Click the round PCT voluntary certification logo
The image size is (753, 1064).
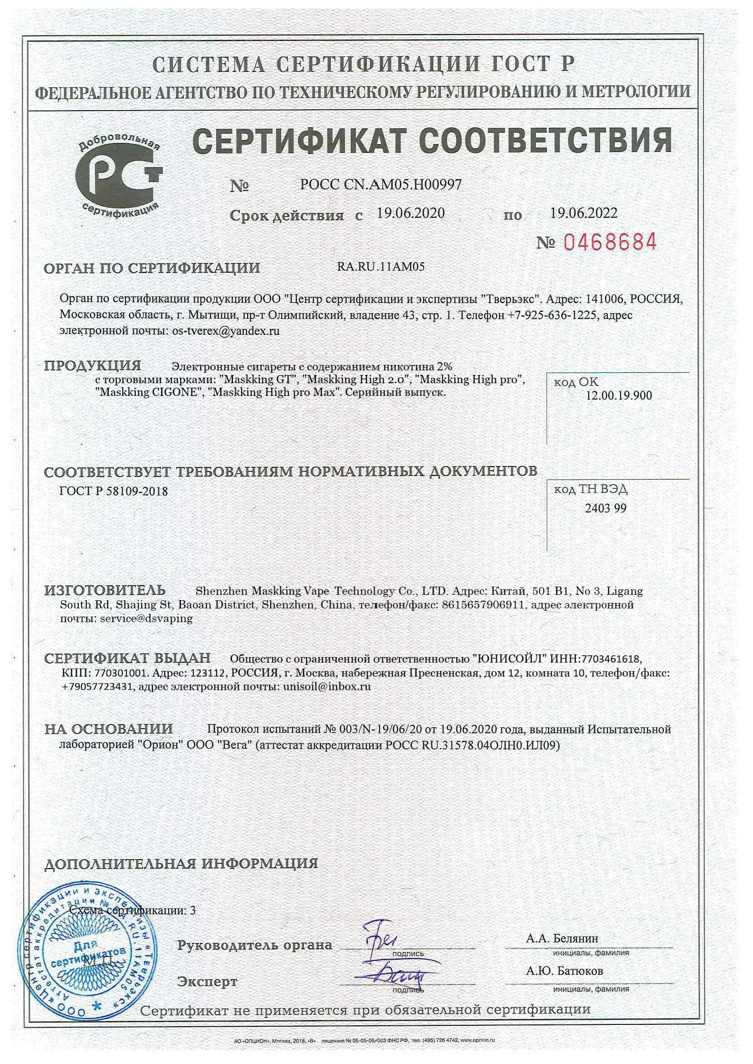[x=119, y=178]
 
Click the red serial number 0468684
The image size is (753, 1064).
[x=610, y=242]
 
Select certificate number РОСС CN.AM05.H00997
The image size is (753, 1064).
[x=381, y=185]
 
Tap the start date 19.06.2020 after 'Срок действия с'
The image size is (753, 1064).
[x=410, y=213]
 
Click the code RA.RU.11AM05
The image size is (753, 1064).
[x=380, y=267]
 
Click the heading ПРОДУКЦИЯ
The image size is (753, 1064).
[x=92, y=366]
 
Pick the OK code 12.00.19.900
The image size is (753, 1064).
[x=618, y=395]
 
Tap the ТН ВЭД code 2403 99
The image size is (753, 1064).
[x=605, y=508]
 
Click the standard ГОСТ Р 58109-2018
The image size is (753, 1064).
[x=114, y=491]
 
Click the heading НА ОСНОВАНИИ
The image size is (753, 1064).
[x=108, y=729]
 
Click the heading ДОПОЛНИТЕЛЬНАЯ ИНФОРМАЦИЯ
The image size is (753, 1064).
[x=181, y=863]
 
